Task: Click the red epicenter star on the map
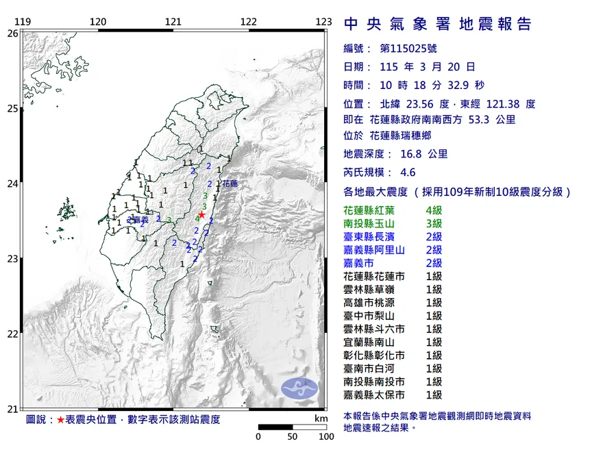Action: point(201,214)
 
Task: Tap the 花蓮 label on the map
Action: point(230,184)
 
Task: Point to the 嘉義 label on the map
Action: point(141,220)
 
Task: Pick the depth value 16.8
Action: point(409,154)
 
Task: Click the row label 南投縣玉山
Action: point(370,224)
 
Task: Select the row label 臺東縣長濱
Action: point(370,237)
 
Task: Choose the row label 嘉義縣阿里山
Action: point(375,250)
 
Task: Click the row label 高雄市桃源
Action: point(370,303)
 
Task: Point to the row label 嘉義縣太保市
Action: point(375,395)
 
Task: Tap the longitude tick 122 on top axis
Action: point(249,22)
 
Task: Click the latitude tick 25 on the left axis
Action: point(12,108)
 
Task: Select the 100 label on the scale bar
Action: point(325,436)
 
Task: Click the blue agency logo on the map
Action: point(299,388)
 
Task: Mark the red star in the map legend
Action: point(61,419)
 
